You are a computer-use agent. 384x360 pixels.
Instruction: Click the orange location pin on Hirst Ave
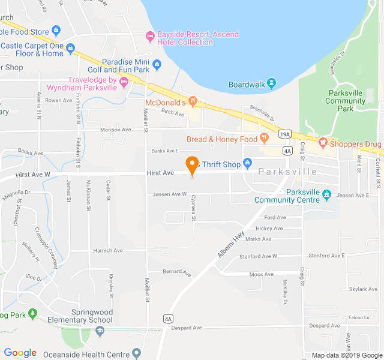(x=192, y=164)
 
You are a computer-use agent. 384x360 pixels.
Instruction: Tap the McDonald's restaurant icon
(x=193, y=101)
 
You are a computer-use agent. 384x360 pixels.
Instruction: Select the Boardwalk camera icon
(x=271, y=82)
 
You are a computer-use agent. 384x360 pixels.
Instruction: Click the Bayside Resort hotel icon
(x=150, y=35)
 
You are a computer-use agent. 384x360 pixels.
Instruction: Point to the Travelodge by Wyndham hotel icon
(x=124, y=82)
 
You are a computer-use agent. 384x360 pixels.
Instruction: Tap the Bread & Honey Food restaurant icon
(x=264, y=138)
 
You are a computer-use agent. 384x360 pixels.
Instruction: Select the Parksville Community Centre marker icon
(x=326, y=194)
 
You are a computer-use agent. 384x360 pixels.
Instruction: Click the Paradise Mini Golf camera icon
(x=157, y=64)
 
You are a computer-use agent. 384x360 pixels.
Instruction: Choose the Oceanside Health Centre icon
(x=136, y=353)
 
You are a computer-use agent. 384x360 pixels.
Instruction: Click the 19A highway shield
(x=285, y=134)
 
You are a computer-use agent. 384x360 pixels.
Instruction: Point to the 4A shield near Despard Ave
(x=168, y=319)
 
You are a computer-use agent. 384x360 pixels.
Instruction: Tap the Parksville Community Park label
(x=345, y=101)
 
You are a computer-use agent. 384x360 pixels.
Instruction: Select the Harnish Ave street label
(x=108, y=250)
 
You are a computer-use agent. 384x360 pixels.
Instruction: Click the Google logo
(x=20, y=353)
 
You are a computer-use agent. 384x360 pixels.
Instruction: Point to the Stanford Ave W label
(x=259, y=256)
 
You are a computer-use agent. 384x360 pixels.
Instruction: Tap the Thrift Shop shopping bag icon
(x=247, y=164)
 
